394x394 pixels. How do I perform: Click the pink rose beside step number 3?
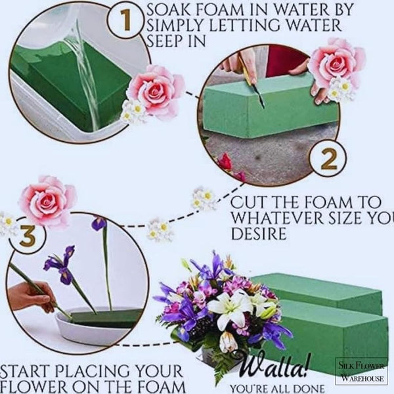47,200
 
